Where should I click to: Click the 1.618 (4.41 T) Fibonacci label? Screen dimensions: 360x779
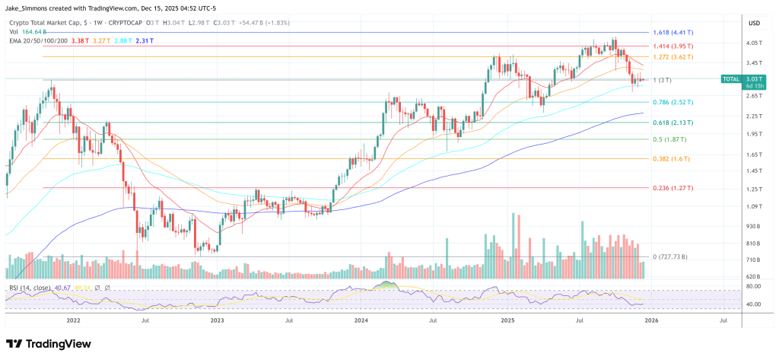[672, 33]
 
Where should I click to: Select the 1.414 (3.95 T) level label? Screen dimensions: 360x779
[672, 46]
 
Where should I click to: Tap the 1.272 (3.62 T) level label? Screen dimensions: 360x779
[672, 56]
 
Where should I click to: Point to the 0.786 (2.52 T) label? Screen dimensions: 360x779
[672, 102]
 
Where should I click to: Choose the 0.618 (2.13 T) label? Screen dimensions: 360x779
[672, 122]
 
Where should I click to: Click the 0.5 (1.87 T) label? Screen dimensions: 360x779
[669, 139]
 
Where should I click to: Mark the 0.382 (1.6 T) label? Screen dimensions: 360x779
[669, 158]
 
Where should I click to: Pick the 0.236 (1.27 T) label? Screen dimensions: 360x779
[672, 187]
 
